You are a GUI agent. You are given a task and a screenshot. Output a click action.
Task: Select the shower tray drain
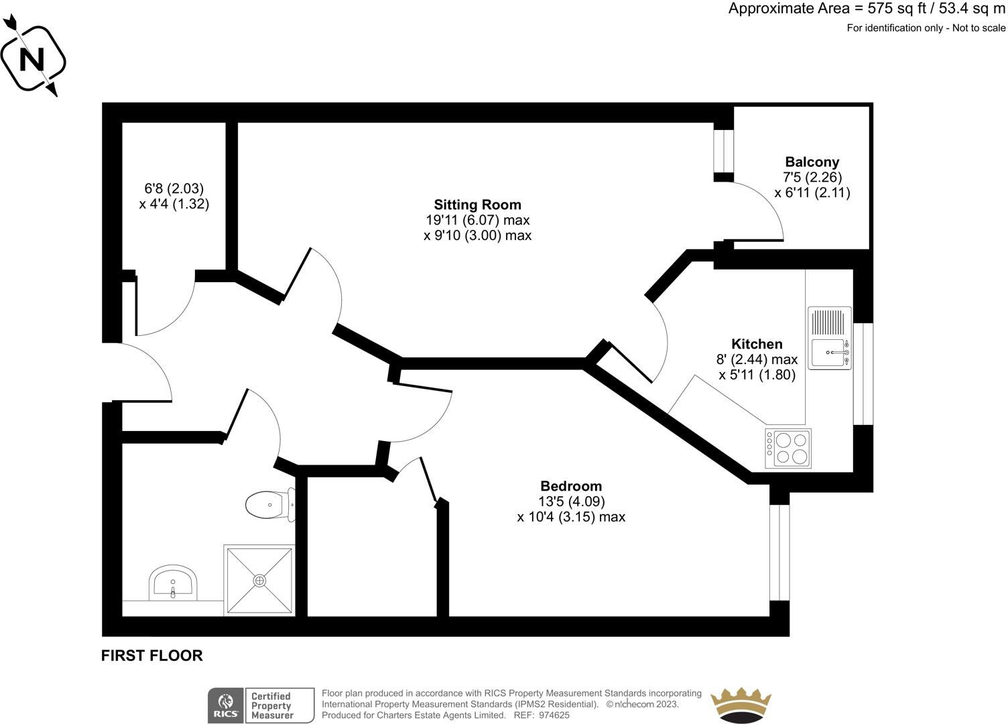(259, 581)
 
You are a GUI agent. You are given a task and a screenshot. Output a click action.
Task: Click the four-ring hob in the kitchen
(788, 448)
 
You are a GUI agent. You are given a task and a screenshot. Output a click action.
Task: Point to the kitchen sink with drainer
(829, 339)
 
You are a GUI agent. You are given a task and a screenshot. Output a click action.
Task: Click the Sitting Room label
(477, 204)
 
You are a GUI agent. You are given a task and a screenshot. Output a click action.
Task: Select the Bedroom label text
(571, 486)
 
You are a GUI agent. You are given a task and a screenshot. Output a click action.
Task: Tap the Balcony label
(812, 162)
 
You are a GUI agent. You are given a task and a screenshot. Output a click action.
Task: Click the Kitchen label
(757, 344)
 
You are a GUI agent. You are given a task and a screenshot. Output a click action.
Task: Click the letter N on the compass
(32, 59)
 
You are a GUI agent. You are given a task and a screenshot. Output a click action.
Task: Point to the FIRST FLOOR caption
(152, 656)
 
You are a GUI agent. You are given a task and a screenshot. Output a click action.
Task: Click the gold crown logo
(741, 705)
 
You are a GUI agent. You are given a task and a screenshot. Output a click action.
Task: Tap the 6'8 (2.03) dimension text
(174, 188)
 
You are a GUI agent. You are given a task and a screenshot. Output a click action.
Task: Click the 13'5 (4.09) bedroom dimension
(572, 501)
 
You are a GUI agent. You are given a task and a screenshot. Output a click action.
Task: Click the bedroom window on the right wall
(779, 552)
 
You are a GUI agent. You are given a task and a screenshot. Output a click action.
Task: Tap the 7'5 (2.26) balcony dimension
(812, 177)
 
